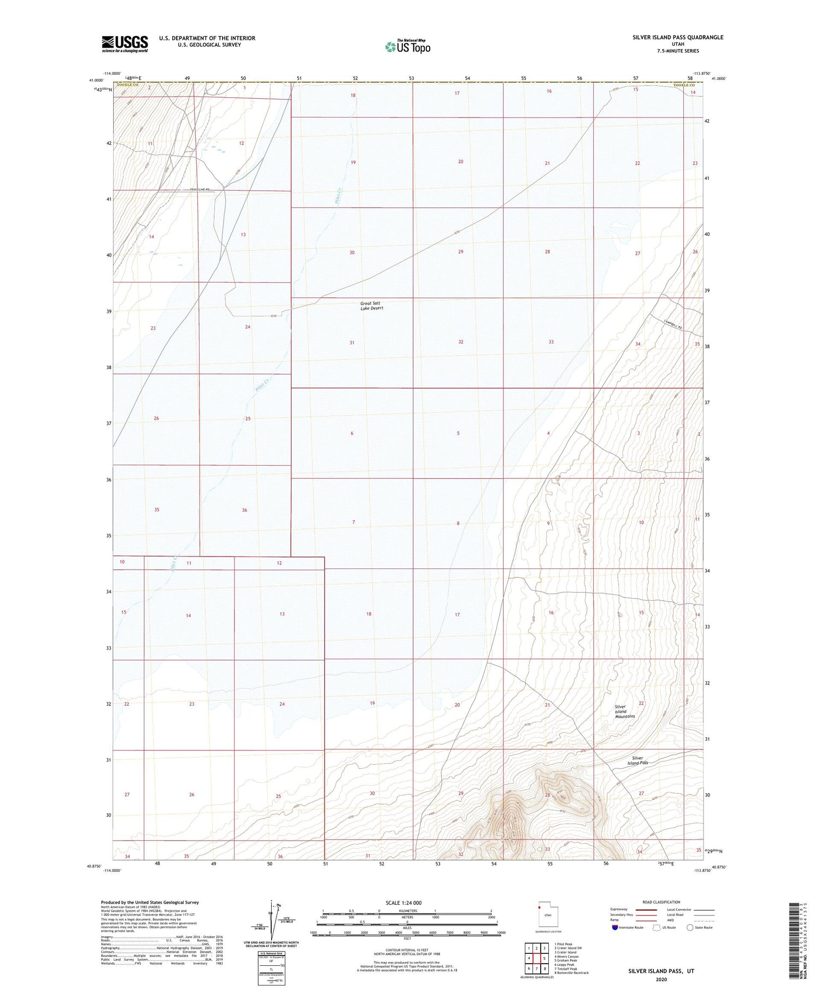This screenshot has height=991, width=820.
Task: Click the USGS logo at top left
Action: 125,44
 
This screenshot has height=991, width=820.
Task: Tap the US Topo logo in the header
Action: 408,47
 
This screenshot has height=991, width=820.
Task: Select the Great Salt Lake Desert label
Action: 372,306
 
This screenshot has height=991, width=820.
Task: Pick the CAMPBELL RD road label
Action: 673,324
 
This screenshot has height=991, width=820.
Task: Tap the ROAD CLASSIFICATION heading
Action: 661,902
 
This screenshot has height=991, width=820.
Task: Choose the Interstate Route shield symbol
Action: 615,928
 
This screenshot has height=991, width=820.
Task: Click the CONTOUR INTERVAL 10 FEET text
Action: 407,950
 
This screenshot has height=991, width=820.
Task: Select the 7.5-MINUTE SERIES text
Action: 678,51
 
